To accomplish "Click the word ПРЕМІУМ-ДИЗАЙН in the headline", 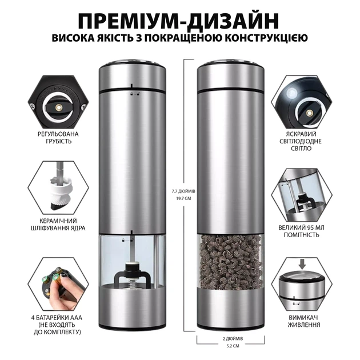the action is pyautogui.click(x=178, y=21).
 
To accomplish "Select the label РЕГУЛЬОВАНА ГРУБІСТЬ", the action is pyautogui.click(x=58, y=137).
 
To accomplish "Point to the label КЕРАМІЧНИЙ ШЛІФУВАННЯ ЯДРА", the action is pyautogui.click(x=58, y=225).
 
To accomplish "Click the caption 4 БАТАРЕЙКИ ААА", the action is pyautogui.click(x=57, y=318).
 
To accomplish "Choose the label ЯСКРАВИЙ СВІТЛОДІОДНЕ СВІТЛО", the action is pyautogui.click(x=301, y=141).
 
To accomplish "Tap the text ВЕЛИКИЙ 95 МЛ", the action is pyautogui.click(x=302, y=227).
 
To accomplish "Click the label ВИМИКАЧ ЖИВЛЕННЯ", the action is pyautogui.click(x=304, y=321).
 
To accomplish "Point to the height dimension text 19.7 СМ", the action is pyautogui.click(x=183, y=198).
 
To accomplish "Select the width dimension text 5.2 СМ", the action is pyautogui.click(x=233, y=346).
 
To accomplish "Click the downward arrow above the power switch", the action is pyautogui.click(x=302, y=265).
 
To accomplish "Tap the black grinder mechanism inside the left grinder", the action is pyautogui.click(x=133, y=275).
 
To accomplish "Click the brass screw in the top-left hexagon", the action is pyautogui.click(x=59, y=107).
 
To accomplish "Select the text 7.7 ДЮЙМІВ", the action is pyautogui.click(x=183, y=191).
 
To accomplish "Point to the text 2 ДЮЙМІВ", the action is pyautogui.click(x=233, y=339).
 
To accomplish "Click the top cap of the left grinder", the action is pyautogui.click(x=132, y=76).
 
